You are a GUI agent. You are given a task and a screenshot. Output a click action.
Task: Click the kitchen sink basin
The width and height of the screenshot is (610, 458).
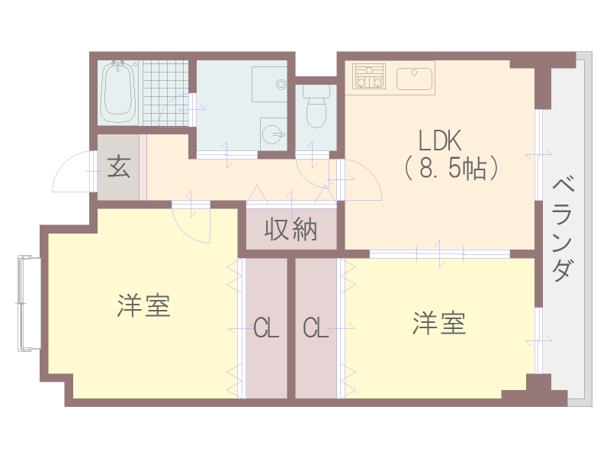pos(415,77)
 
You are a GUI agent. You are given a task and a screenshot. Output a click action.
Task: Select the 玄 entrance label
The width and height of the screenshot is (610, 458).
pos(117,166)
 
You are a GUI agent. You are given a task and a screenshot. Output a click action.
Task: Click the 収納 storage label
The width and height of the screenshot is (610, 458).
pos(291,230)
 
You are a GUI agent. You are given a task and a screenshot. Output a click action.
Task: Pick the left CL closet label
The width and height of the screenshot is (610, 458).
pos(266,329)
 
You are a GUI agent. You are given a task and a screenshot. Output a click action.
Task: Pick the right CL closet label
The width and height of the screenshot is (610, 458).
pos(315,329)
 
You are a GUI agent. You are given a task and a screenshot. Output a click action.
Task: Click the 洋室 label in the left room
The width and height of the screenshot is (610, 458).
pos(143,306)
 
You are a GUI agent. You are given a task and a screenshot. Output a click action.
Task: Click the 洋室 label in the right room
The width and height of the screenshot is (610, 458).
pos(439,324)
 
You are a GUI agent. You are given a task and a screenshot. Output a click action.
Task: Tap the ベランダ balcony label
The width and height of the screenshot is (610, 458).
pos(562,228)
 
